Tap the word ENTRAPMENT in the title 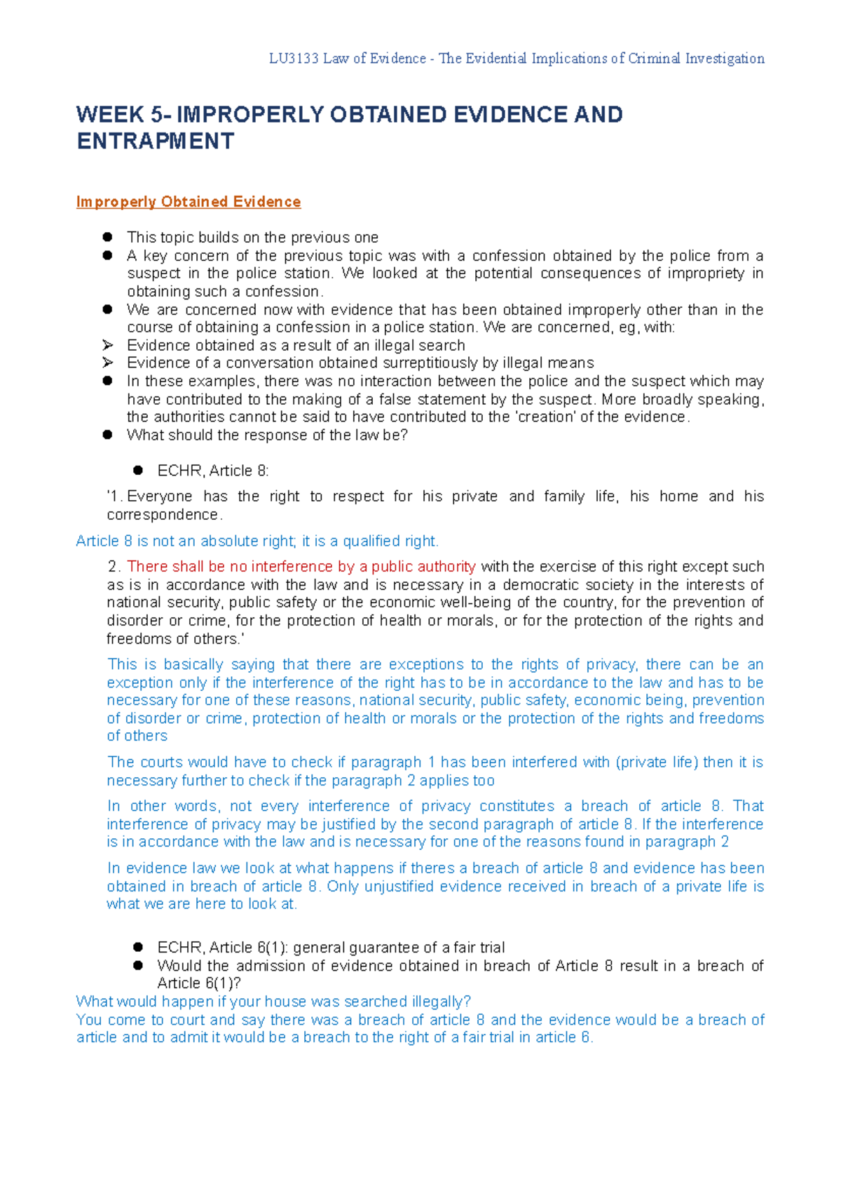[155, 141]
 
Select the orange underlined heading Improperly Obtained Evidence [188, 202]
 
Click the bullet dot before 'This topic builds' [107, 237]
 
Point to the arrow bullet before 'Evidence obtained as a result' [107, 345]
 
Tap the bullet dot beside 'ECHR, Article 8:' [138, 471]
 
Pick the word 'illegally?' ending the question [439, 1002]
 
